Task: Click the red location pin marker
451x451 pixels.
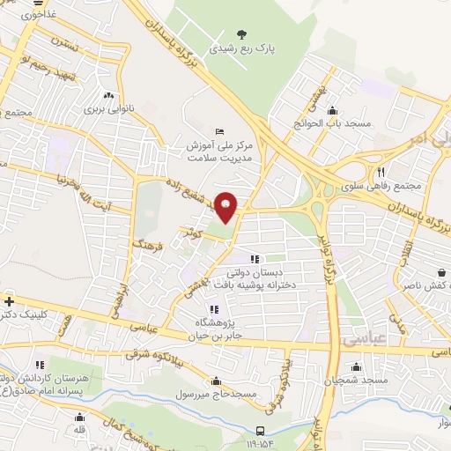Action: [226, 208]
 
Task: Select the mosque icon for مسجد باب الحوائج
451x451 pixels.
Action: [332, 111]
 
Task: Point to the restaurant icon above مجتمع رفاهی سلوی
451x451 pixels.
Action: [381, 172]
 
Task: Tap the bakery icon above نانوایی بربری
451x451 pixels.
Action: [108, 96]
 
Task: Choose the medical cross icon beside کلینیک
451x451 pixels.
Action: [9, 301]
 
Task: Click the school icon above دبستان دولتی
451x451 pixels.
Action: [255, 260]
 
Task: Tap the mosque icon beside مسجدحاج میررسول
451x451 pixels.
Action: [216, 381]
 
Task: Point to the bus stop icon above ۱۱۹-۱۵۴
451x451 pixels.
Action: [260, 431]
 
